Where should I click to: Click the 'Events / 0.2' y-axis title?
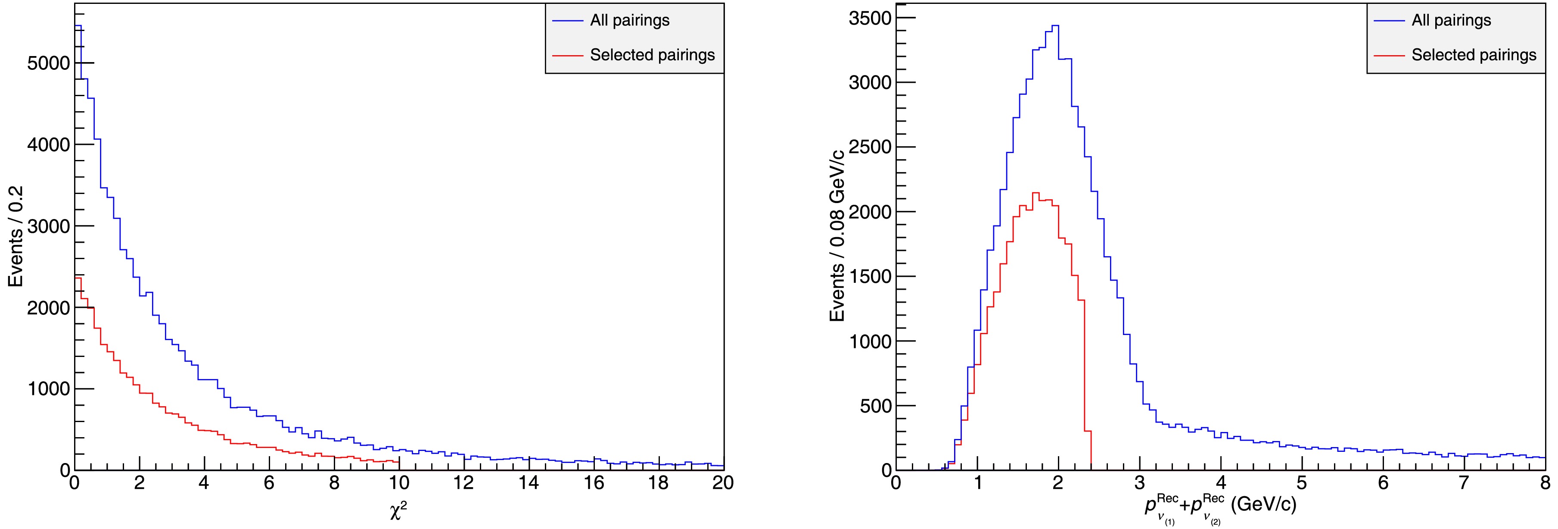16,236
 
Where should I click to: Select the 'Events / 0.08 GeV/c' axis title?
838,236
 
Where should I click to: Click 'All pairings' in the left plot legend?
630,21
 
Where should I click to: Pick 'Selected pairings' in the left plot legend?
652,55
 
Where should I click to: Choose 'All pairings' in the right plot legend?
1451,21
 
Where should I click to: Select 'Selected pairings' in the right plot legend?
1473,55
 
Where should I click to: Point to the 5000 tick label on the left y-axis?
48,63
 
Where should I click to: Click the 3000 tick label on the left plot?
48,226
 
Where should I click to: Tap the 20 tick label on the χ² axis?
723,483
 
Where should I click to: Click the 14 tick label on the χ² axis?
529,483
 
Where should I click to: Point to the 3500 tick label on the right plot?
870,19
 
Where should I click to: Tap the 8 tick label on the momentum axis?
1545,483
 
